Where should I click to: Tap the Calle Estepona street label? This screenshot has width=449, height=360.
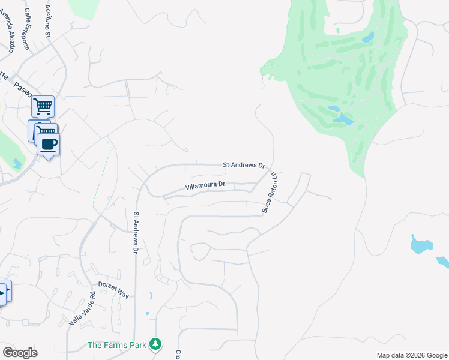click(x=28, y=24)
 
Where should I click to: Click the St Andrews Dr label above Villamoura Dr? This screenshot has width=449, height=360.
click(x=244, y=164)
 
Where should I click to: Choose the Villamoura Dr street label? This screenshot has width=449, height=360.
click(x=205, y=186)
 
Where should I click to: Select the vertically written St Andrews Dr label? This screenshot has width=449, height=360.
click(x=136, y=232)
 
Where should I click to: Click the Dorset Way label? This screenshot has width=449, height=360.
click(x=113, y=289)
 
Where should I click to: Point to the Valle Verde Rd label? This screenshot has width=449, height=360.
click(x=82, y=308)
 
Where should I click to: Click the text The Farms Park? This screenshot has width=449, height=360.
click(x=116, y=345)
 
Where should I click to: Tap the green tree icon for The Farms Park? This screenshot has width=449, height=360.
click(x=155, y=344)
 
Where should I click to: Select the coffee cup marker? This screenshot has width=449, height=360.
click(x=48, y=145)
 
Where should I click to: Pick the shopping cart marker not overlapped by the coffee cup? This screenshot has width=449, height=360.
click(x=43, y=107)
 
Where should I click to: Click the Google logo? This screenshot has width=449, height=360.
click(x=20, y=353)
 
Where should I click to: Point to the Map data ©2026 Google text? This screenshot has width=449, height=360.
click(x=411, y=355)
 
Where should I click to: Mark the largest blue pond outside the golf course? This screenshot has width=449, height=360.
click(x=421, y=244)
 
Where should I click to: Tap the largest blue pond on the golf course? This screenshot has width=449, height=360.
click(x=343, y=119)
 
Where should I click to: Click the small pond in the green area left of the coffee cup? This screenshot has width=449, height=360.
click(x=16, y=163)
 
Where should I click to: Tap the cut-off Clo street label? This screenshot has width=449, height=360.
click(x=178, y=355)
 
